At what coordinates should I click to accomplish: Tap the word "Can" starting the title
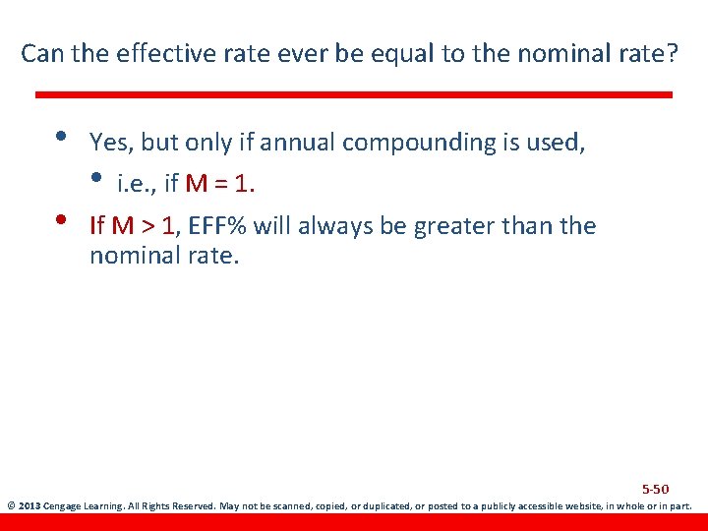[40, 53]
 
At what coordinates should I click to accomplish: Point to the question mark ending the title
[673, 53]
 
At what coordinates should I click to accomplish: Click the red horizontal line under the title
[354, 94]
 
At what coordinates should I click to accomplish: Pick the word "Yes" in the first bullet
[109, 143]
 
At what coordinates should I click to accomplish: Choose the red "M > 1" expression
[144, 226]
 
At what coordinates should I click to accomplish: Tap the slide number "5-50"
[655, 489]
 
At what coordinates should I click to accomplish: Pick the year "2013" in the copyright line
[29, 507]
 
